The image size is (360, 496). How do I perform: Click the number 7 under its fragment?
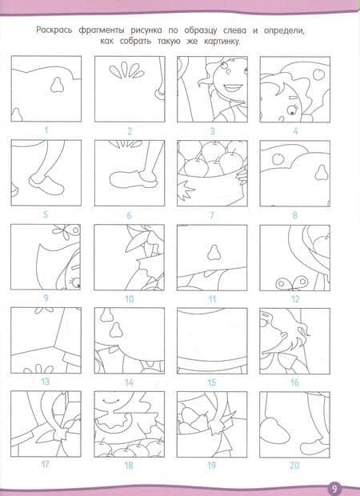(212, 215)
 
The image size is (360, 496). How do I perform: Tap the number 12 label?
(295, 299)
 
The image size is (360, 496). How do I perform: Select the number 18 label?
(129, 466)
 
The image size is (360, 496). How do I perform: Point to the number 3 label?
(212, 130)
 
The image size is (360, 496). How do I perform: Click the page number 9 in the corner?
(334, 488)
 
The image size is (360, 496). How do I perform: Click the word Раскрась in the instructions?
(54, 30)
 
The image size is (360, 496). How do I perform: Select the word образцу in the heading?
(201, 30)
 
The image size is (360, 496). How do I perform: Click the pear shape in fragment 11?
(214, 253)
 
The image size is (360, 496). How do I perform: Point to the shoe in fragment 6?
(133, 180)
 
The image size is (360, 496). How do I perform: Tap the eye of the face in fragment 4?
(291, 110)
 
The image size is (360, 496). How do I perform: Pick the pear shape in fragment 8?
(321, 172)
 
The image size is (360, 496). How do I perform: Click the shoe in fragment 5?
(46, 185)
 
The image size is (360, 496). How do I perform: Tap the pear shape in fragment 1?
(57, 85)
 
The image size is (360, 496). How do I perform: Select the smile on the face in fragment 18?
(108, 401)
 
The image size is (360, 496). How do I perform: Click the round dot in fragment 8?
(278, 158)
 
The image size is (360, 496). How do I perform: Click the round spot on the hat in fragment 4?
(318, 74)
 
